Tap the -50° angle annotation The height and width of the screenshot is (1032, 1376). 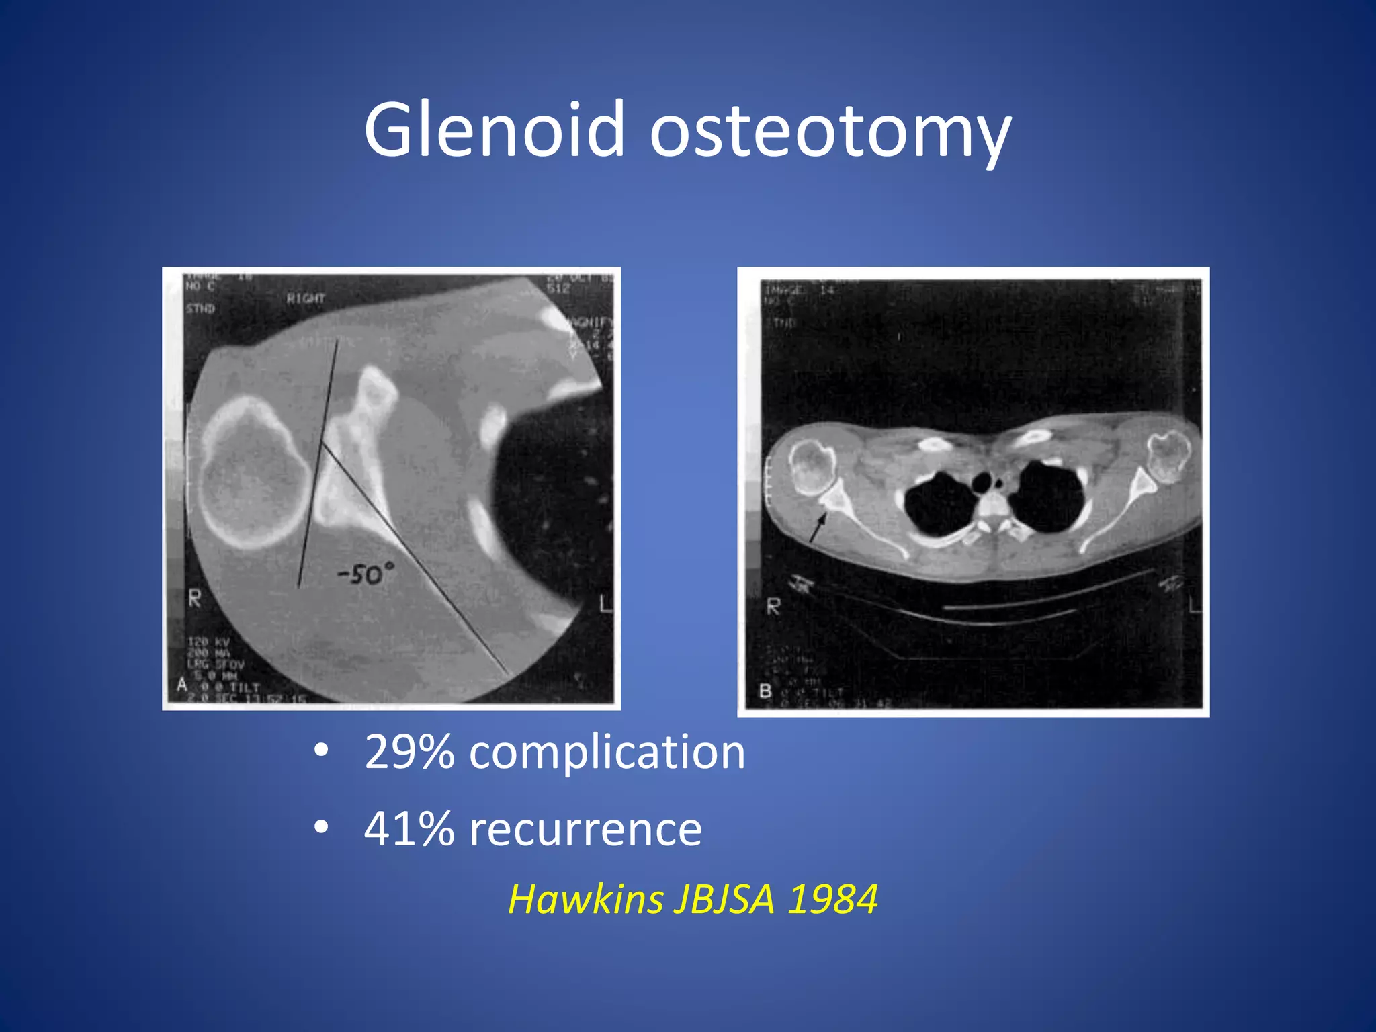[x=366, y=574]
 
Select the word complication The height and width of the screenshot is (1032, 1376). [x=607, y=752]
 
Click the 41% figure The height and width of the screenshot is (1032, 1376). [x=408, y=828]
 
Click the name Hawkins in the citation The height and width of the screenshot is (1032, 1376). [x=585, y=898]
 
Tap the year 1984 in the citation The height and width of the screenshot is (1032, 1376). [x=832, y=898]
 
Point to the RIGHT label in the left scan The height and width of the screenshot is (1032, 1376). [x=306, y=298]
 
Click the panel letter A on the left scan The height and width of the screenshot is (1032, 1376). [x=181, y=685]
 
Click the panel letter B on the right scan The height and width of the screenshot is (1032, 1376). [x=765, y=691]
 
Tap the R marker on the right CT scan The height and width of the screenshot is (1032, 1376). [x=774, y=607]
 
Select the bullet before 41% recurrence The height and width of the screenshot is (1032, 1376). [x=321, y=827]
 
